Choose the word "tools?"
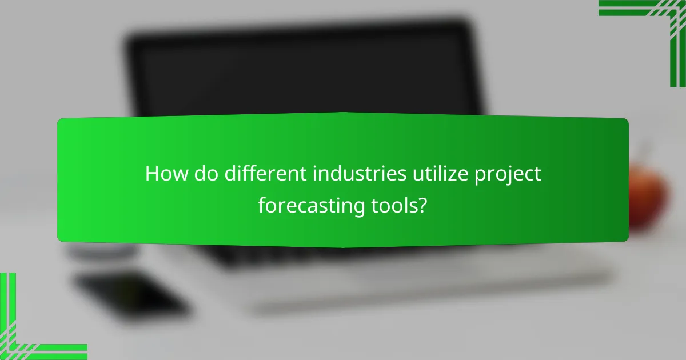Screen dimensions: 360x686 tap(397, 205)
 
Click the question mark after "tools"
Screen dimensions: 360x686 tap(422, 205)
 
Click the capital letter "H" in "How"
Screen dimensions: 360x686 tap(152, 174)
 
